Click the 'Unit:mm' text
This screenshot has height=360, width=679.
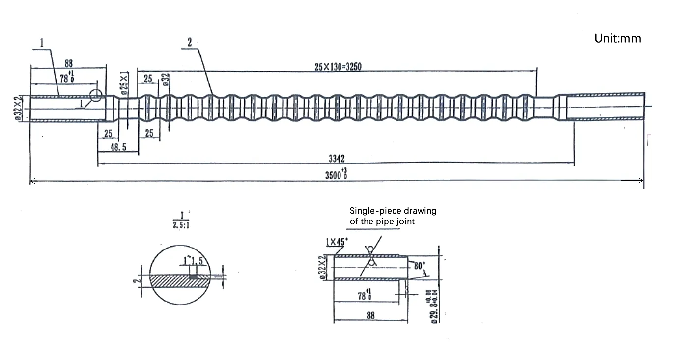point(618,38)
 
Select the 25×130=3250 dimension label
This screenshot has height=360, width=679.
point(338,67)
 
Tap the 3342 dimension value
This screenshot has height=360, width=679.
point(337,159)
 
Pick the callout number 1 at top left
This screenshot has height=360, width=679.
point(42,43)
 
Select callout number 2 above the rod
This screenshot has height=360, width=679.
point(190,43)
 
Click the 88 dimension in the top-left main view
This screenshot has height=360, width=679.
point(69,63)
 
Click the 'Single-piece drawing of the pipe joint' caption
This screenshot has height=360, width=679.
point(393,216)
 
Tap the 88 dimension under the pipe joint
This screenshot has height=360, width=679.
point(370,316)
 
